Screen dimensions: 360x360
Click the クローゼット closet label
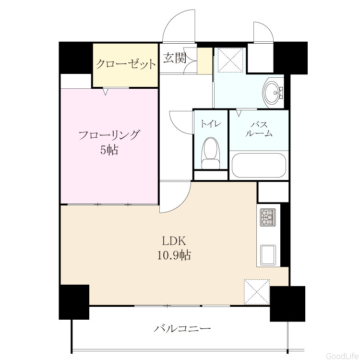pos(126,64)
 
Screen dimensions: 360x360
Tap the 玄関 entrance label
pos(175,58)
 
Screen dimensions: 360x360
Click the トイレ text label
pos(211,124)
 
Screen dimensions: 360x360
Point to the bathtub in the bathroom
pos(259,165)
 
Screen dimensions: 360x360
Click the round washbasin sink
pos(273,92)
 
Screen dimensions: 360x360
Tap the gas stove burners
pos(268,217)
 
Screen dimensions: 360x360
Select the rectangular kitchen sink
pos(268,254)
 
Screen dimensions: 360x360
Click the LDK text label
pos(174,241)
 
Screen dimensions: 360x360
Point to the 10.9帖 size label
pos(174,255)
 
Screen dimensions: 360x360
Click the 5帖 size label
pos(109,150)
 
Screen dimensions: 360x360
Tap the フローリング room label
pos(109,135)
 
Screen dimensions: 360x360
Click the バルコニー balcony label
pos(182,329)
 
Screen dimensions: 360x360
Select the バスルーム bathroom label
pos(259,129)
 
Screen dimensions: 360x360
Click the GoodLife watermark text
pos(343,356)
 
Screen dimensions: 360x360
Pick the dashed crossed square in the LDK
pos(257,292)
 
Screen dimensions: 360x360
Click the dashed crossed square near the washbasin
pos(230,60)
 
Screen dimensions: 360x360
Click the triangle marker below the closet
pos(105,92)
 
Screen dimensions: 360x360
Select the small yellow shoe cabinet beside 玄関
pos(205,61)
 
